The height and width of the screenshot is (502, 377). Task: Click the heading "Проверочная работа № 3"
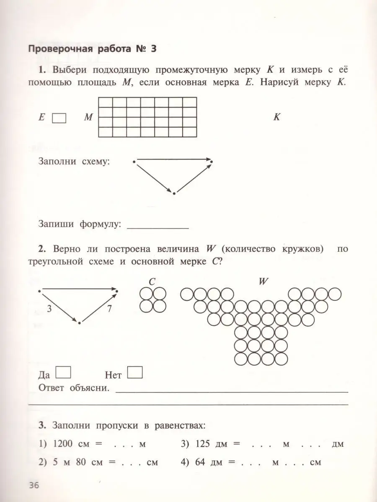pyautogui.click(x=92, y=49)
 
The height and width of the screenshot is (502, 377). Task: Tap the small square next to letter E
pyautogui.click(x=59, y=118)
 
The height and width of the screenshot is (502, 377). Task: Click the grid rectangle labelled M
pyautogui.click(x=147, y=117)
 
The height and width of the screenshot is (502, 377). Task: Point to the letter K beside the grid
pyautogui.click(x=276, y=118)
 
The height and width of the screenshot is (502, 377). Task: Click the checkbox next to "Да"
pyautogui.click(x=63, y=372)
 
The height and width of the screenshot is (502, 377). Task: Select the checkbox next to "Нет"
pyautogui.click(x=135, y=372)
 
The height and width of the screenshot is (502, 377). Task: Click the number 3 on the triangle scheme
pyautogui.click(x=49, y=310)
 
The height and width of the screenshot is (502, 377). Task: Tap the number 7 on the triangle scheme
pyautogui.click(x=110, y=310)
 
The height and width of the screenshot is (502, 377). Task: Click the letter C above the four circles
pyautogui.click(x=152, y=282)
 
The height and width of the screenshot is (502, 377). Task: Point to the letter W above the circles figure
pyautogui.click(x=263, y=282)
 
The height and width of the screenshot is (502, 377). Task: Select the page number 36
pyautogui.click(x=34, y=486)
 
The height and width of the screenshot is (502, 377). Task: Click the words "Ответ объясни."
pyautogui.click(x=74, y=388)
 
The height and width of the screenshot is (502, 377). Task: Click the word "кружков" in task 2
pyautogui.click(x=301, y=249)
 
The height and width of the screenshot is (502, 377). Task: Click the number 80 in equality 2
pyautogui.click(x=82, y=463)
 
